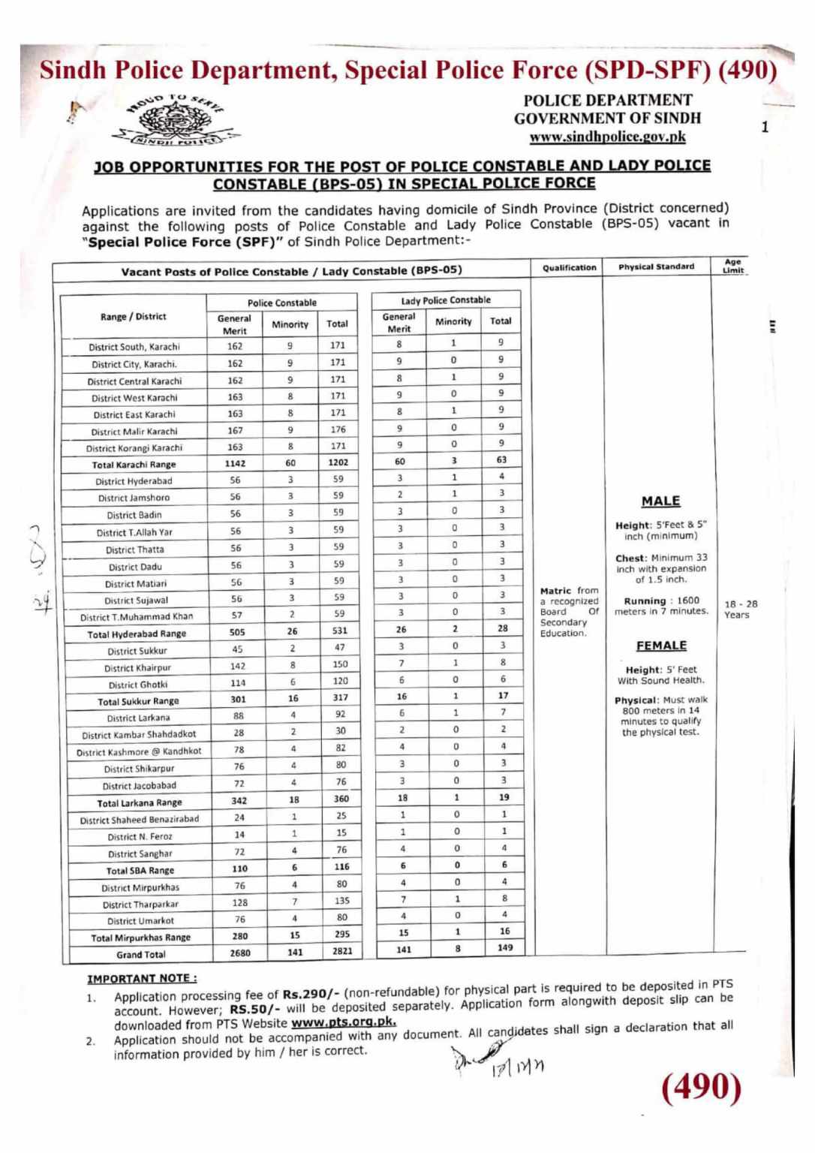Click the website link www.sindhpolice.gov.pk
(607, 137)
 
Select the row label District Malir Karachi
(134, 432)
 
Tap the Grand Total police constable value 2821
(341, 952)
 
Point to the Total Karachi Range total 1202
(338, 463)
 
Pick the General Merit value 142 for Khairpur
(237, 666)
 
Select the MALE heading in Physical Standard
(660, 501)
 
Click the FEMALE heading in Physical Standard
(661, 646)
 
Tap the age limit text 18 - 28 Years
(741, 609)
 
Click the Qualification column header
(569, 267)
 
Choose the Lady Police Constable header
(445, 300)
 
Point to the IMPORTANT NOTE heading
(142, 979)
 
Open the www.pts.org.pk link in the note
(343, 1022)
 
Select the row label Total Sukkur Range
(138, 701)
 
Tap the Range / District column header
(133, 317)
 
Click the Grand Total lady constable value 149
(504, 947)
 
